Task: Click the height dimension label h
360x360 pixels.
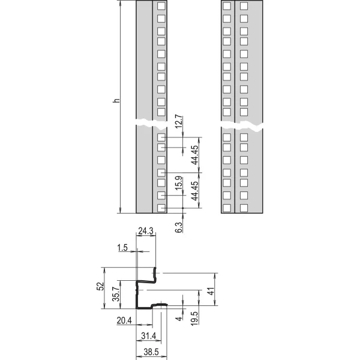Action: tap(116, 101)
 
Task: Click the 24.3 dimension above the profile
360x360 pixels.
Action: tap(146, 230)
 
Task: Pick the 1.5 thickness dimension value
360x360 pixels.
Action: tap(122, 247)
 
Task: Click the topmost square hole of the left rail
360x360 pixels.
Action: tap(161, 7)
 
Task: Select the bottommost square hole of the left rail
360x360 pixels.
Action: tap(161, 208)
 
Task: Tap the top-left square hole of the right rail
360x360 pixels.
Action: tap(227, 7)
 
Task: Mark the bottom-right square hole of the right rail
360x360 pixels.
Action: tap(244, 208)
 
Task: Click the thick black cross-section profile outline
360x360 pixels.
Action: tap(139, 294)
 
